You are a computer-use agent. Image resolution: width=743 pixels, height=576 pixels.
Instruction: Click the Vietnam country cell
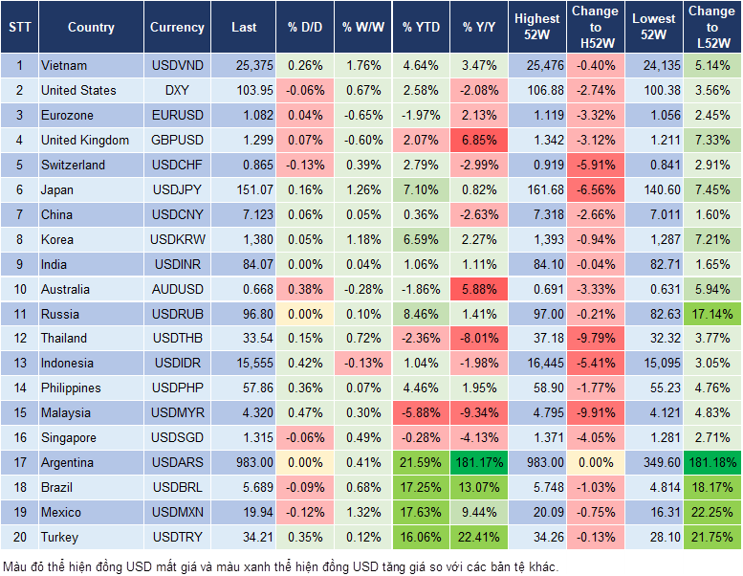[x=64, y=65]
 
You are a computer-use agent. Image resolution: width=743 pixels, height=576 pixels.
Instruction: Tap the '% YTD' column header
[x=421, y=28]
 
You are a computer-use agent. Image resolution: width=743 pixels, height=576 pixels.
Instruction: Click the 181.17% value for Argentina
[x=480, y=462]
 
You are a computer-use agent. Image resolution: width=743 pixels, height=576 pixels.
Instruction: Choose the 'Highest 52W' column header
[x=536, y=28]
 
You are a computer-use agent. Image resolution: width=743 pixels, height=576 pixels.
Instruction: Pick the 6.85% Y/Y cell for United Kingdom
[x=480, y=140]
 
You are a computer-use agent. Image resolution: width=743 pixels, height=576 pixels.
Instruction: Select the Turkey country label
[x=60, y=537]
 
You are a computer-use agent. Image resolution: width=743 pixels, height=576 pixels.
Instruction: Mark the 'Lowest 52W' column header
[x=655, y=28]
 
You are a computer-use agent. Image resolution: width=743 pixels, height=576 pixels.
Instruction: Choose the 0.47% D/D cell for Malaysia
[x=304, y=412]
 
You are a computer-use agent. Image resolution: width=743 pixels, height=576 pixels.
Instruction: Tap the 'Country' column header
[x=91, y=28]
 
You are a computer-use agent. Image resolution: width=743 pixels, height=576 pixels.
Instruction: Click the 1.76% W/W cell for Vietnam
[x=361, y=65]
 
